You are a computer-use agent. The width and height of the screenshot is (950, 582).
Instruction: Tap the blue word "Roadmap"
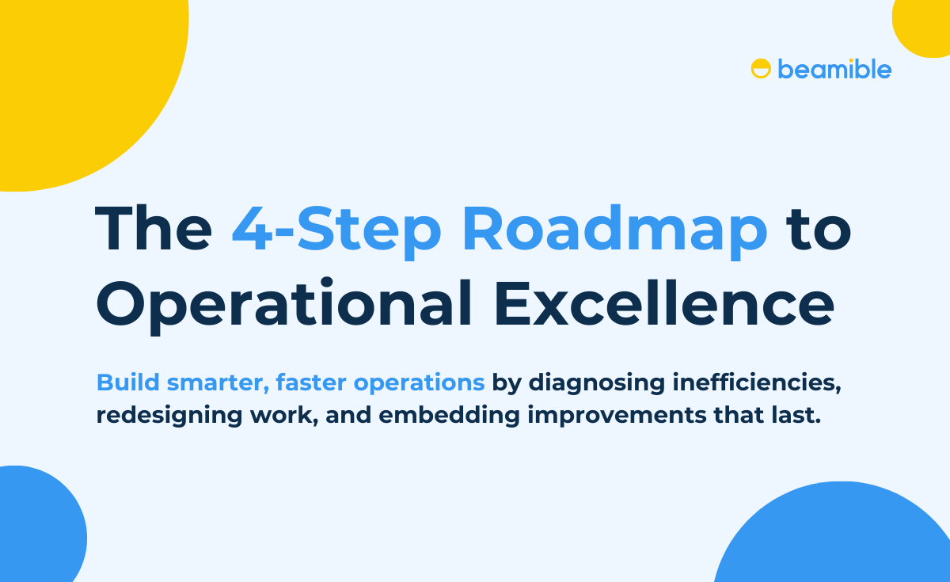pyautogui.click(x=614, y=230)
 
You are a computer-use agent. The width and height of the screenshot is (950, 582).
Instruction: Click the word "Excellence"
pyautogui.click(x=664, y=305)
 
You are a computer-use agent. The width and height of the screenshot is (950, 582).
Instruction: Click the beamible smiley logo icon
pyautogui.click(x=761, y=69)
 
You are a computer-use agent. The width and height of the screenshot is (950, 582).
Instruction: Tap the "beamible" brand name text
pyautogui.click(x=834, y=69)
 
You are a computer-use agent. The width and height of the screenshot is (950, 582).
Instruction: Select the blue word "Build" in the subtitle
pyautogui.click(x=127, y=382)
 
